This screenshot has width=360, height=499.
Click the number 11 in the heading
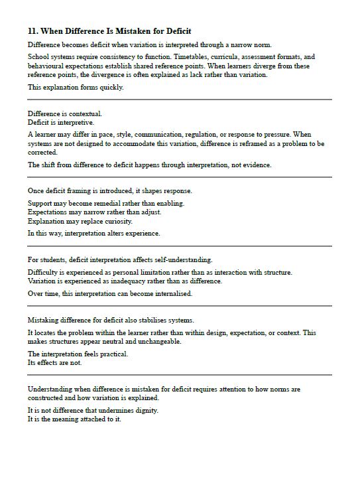32,31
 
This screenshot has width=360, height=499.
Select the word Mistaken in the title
126,31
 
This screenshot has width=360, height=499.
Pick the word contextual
86,113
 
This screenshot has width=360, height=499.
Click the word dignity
146,411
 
